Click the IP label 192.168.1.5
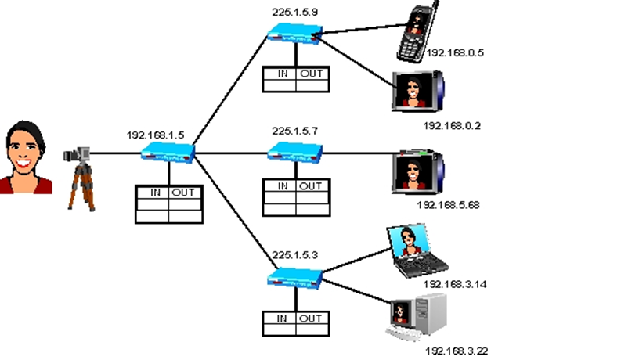[155, 135]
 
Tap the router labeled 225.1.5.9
[294, 33]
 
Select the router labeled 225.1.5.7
[295, 152]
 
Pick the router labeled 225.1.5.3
[295, 276]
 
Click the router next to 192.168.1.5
[168, 154]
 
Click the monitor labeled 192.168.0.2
[416, 91]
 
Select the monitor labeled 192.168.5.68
[416, 170]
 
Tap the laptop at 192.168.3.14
[416, 250]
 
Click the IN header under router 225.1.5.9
[280, 74]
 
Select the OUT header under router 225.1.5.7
[310, 186]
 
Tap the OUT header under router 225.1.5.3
[310, 319]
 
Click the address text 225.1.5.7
[295, 131]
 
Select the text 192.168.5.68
[448, 205]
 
